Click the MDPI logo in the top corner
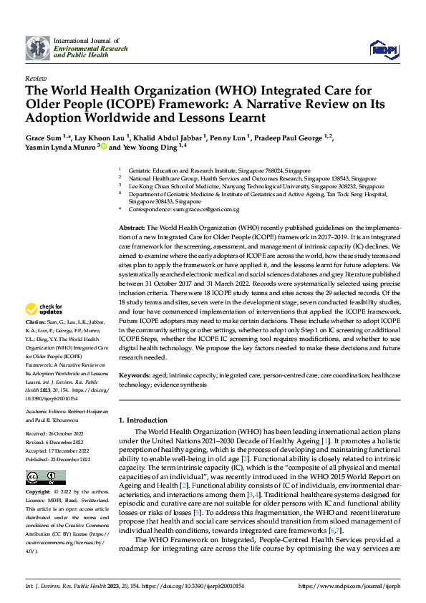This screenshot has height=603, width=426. click(x=381, y=49)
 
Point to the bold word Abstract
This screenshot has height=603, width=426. click(x=132, y=226)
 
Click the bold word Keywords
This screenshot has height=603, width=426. click(x=135, y=375)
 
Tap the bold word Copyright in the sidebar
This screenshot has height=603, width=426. click(x=37, y=493)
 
